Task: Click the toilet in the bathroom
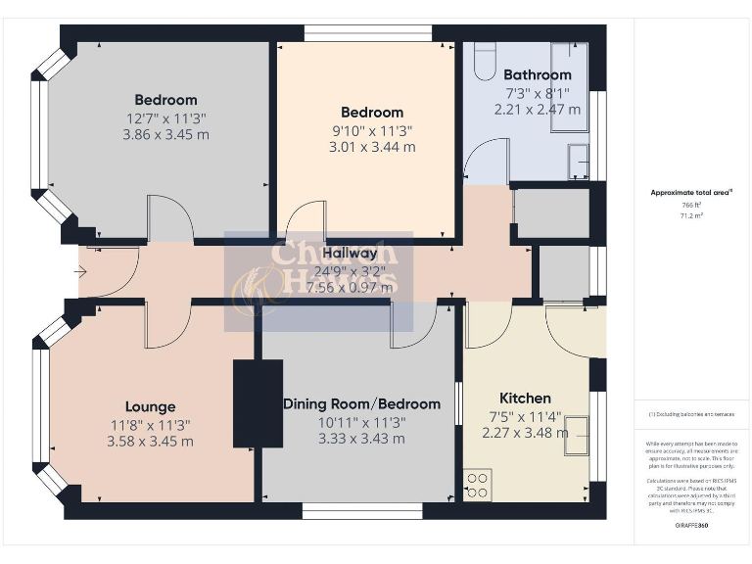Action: point(485,65)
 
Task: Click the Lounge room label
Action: point(150,406)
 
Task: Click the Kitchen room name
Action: point(525,398)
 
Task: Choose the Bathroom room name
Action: point(537,74)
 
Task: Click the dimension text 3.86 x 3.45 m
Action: point(165,134)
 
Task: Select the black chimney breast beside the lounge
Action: point(257,403)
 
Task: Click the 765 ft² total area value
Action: point(691,205)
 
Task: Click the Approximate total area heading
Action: point(690,193)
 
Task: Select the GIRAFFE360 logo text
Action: point(691,526)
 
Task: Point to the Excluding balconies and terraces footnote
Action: point(691,415)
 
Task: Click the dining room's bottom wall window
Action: point(361,510)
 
